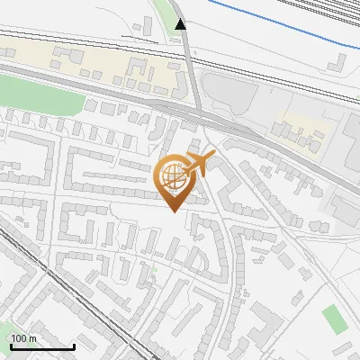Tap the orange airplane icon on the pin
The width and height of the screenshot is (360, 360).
click(199, 164)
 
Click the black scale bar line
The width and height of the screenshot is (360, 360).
click(42, 347)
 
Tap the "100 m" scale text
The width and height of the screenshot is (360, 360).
click(23, 339)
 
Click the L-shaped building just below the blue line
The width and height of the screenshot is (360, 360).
click(339, 62)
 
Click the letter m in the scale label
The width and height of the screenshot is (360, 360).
click(31, 339)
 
